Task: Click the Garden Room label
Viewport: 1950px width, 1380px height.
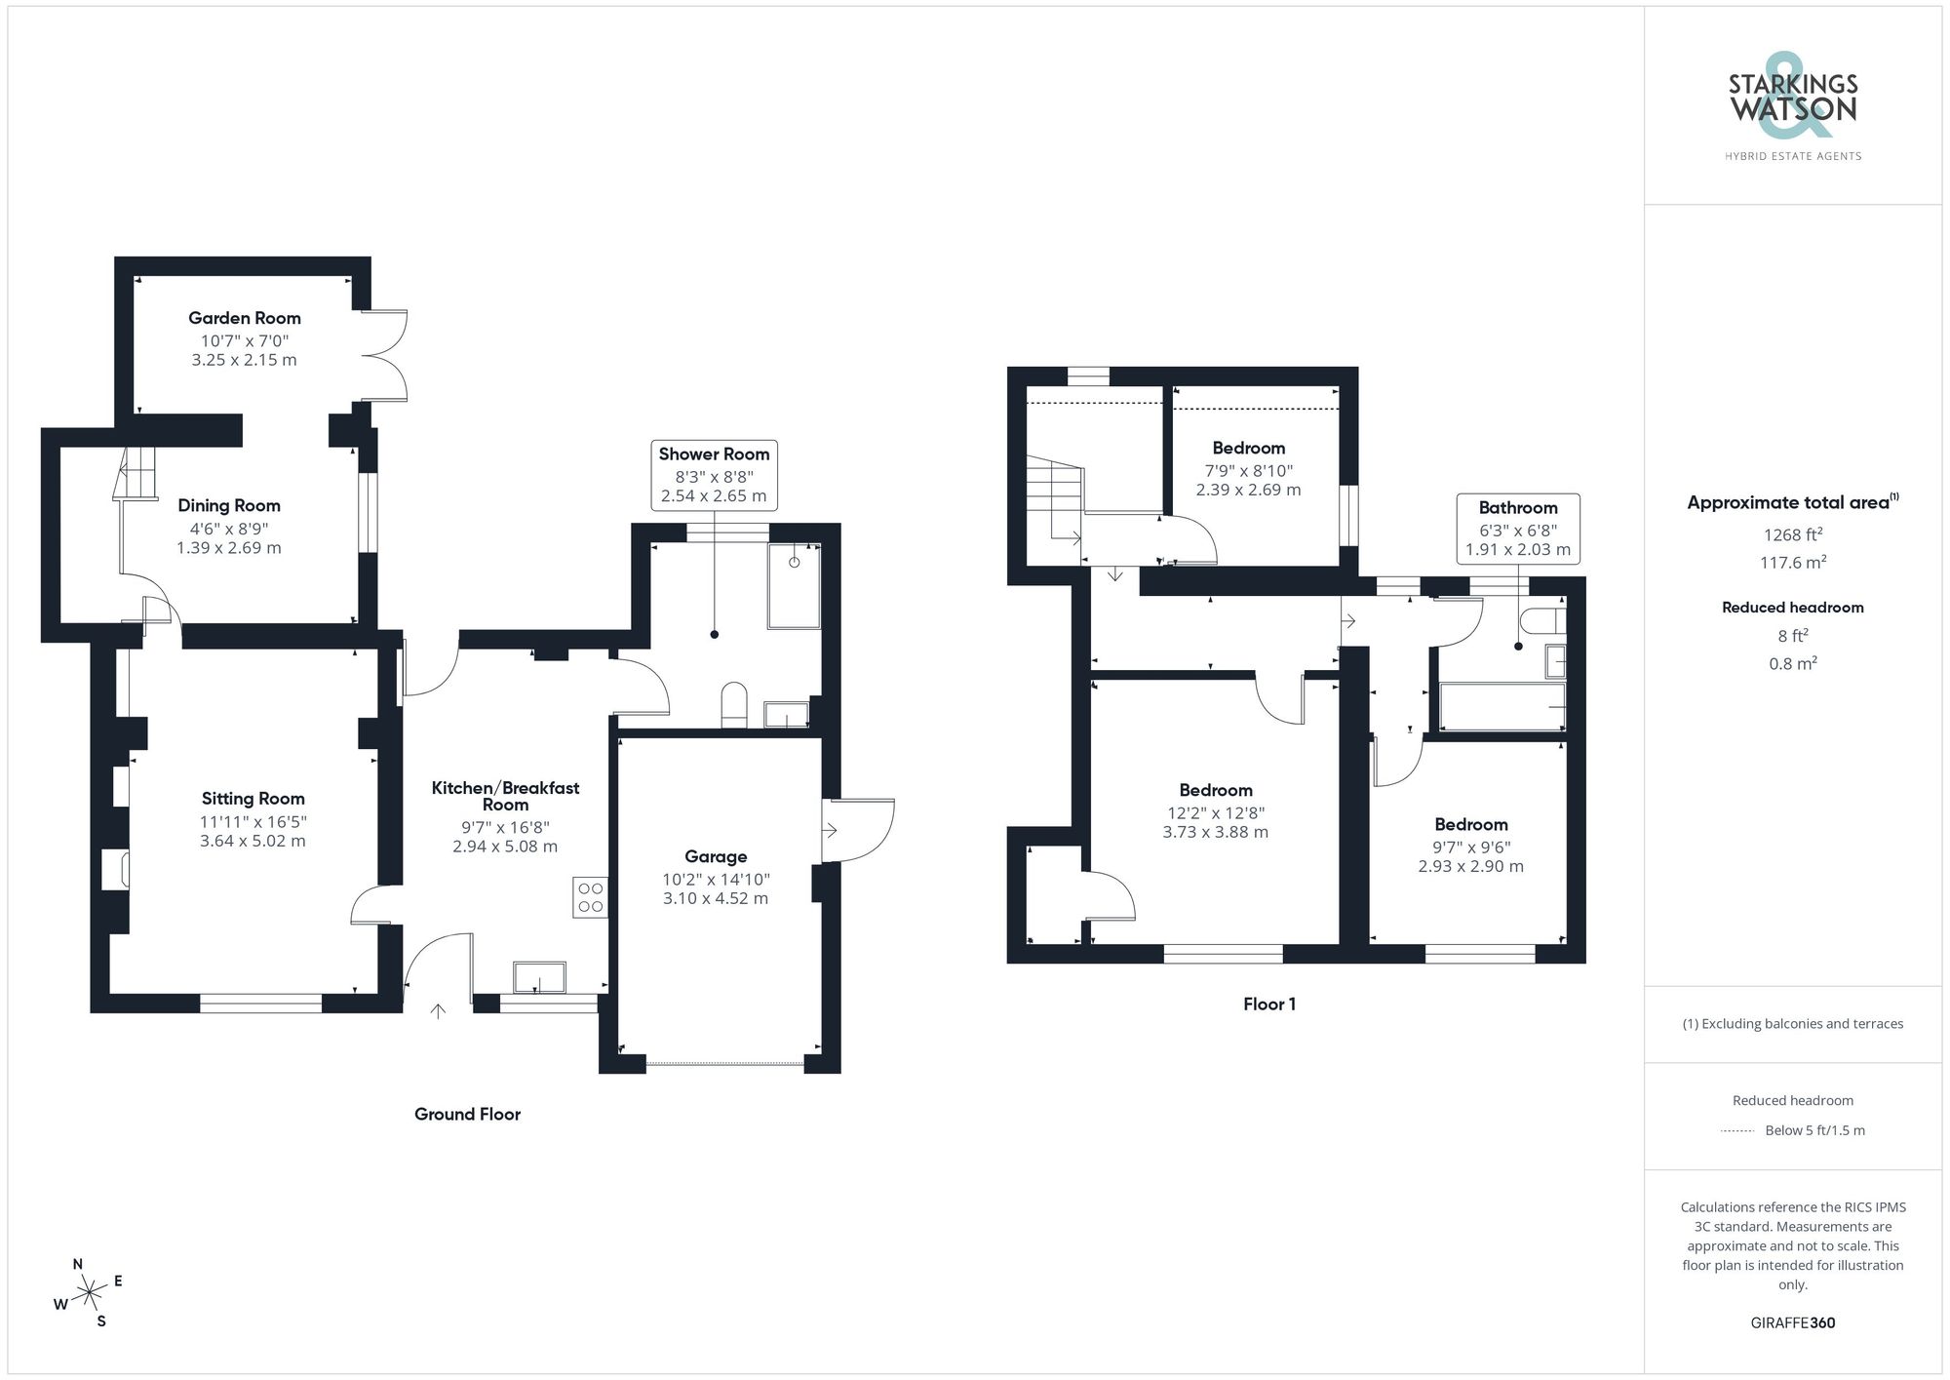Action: [244, 318]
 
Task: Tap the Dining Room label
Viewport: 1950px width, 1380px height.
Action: [229, 505]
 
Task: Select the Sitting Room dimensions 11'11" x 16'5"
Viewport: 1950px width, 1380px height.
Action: [253, 822]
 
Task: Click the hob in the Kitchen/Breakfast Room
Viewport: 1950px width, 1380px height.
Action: [590, 897]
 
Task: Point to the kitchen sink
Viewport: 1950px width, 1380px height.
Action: [539, 977]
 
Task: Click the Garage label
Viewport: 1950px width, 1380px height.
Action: [716, 856]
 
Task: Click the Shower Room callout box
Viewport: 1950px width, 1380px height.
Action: [714, 474]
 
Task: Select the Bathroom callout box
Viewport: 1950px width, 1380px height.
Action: [1518, 528]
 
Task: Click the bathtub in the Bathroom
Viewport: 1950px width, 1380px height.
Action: [1501, 706]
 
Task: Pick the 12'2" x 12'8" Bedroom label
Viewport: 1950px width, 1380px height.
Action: [1215, 790]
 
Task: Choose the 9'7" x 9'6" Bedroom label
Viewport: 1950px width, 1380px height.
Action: [1470, 825]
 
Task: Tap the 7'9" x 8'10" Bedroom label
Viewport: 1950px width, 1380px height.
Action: [1248, 449]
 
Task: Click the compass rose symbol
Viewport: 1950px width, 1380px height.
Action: [90, 1293]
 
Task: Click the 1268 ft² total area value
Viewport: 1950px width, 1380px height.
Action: [1793, 534]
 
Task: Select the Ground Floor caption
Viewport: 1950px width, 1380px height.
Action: [467, 1114]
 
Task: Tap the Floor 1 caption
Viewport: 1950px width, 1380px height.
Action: [1268, 1004]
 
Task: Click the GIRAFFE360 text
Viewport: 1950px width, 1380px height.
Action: [1792, 1322]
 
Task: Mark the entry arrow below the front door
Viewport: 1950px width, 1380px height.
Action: [439, 1011]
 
